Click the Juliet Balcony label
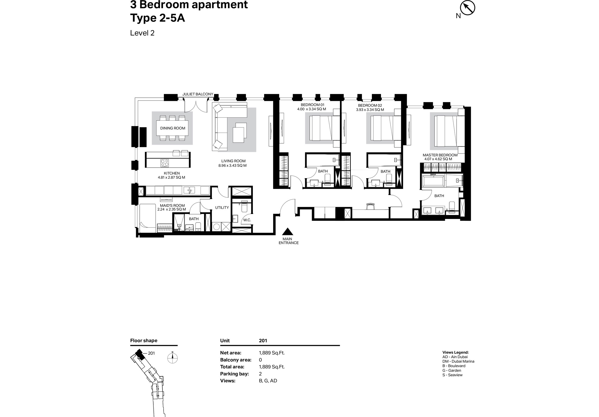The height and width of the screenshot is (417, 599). [198, 94]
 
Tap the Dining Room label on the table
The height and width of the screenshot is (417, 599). [173, 128]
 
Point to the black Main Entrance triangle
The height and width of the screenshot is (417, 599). [288, 231]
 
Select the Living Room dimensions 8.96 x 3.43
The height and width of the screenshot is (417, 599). [233, 165]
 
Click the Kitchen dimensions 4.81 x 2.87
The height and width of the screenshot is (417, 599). [171, 177]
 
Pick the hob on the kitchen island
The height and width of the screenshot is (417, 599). [165, 163]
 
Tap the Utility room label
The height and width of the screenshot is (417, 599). [222, 207]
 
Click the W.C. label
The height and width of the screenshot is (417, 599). [247, 220]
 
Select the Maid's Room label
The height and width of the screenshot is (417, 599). [172, 205]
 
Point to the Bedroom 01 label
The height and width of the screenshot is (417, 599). [313, 105]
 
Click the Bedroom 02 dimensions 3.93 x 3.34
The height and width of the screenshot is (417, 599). [370, 110]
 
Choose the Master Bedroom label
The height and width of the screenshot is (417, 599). [440, 155]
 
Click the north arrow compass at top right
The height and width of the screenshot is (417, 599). [467, 8]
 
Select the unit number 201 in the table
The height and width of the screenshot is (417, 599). [263, 340]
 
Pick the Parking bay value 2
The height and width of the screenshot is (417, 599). [260, 374]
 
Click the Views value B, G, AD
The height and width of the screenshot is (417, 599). [268, 381]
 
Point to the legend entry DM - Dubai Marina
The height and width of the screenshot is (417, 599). [458, 361]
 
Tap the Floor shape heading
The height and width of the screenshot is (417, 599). [144, 340]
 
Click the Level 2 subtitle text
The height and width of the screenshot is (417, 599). [142, 33]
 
